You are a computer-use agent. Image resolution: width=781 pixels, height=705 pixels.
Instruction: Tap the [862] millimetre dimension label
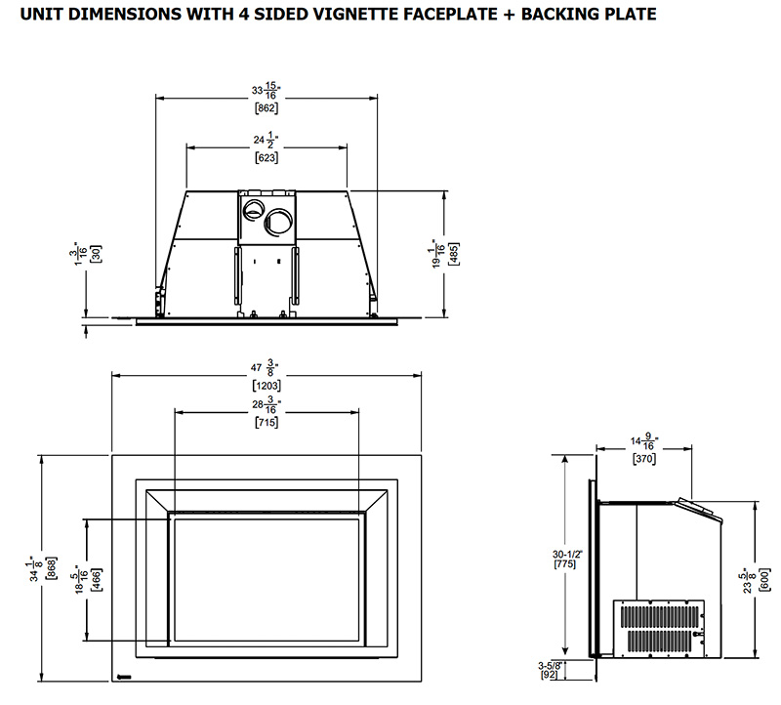tap(267, 108)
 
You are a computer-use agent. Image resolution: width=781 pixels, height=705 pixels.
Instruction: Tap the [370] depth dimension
tap(643, 458)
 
